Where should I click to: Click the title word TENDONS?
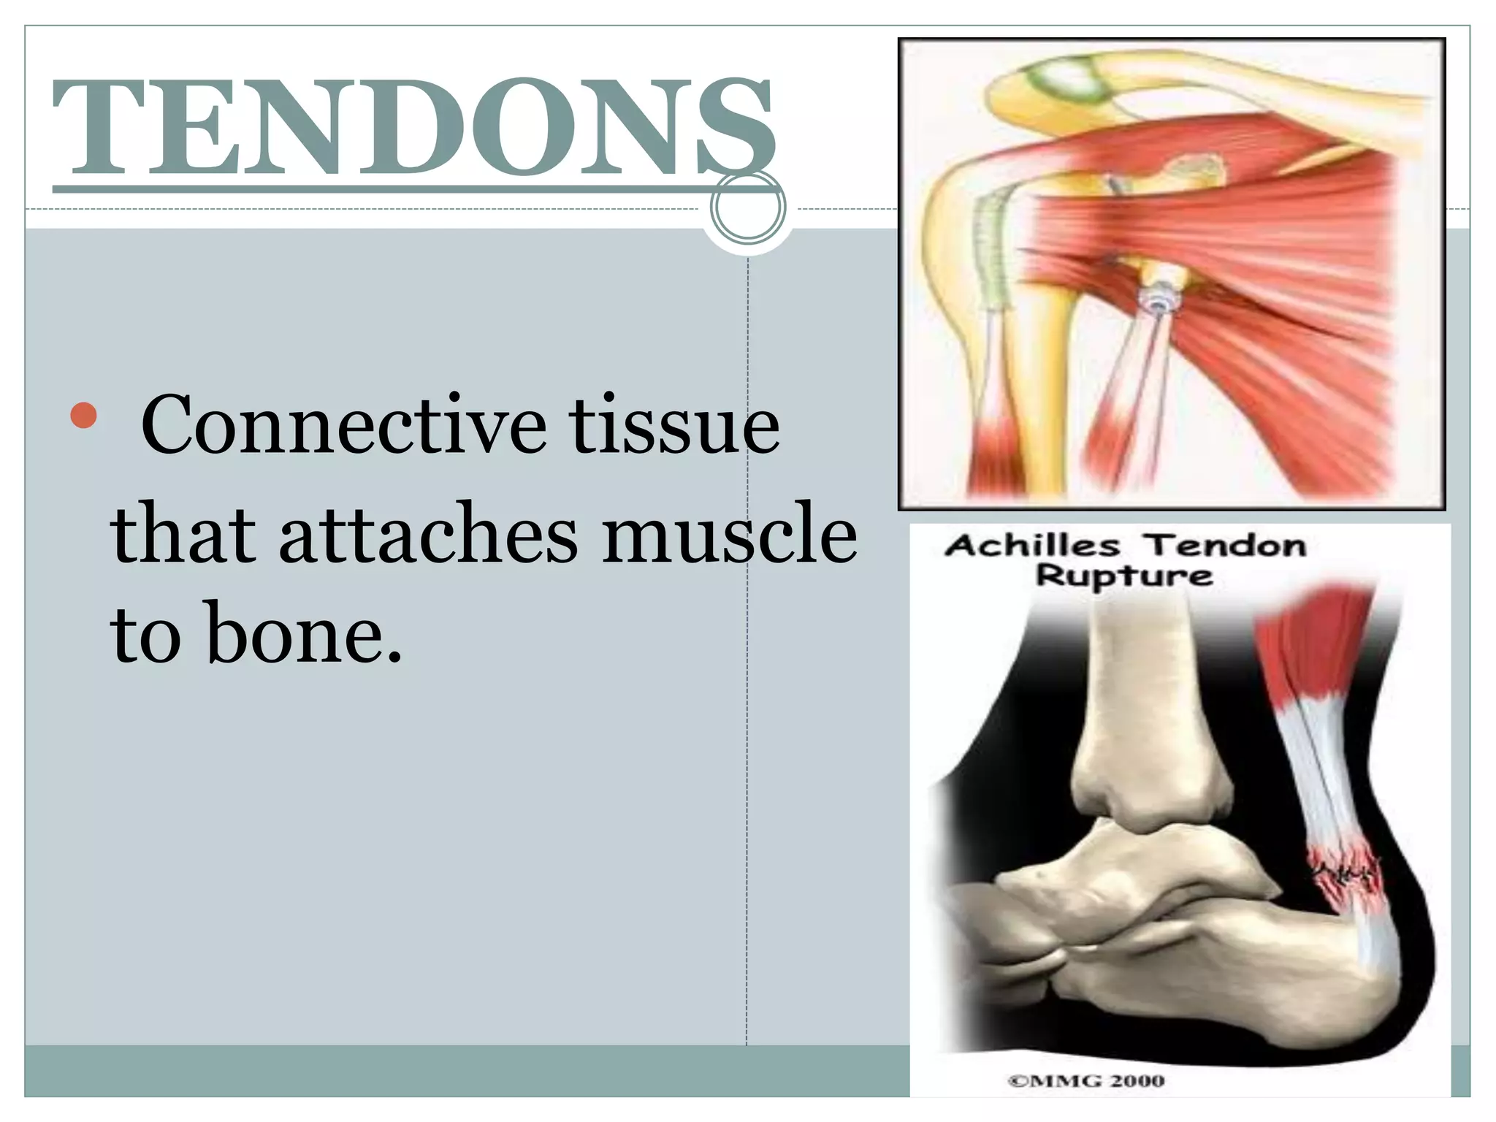pyautogui.click(x=413, y=128)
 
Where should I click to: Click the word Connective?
pyautogui.click(x=343, y=425)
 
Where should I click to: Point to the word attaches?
pyautogui.click(x=428, y=533)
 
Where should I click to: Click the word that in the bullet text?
pyautogui.click(x=183, y=533)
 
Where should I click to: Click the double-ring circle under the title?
pyautogui.click(x=747, y=208)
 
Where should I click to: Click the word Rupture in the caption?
pyautogui.click(x=1124, y=576)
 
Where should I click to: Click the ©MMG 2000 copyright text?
pyautogui.click(x=1085, y=1080)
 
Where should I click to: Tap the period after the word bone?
pyautogui.click(x=394, y=658)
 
